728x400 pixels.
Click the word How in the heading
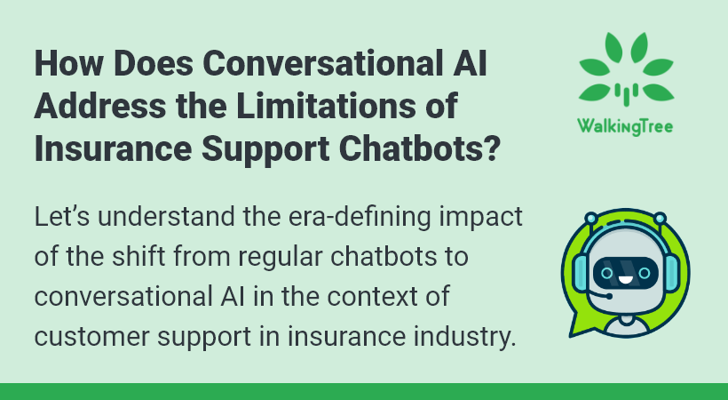(x=68, y=63)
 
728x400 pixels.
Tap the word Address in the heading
(x=99, y=106)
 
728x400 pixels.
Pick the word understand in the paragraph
(x=166, y=217)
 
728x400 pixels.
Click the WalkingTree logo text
(x=625, y=126)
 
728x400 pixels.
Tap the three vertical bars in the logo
(x=626, y=93)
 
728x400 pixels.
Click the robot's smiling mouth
(x=625, y=281)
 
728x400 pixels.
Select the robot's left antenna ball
(x=591, y=218)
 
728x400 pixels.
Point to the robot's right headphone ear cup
(x=672, y=274)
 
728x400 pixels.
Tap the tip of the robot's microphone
(x=609, y=296)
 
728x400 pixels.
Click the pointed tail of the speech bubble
(x=572, y=334)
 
